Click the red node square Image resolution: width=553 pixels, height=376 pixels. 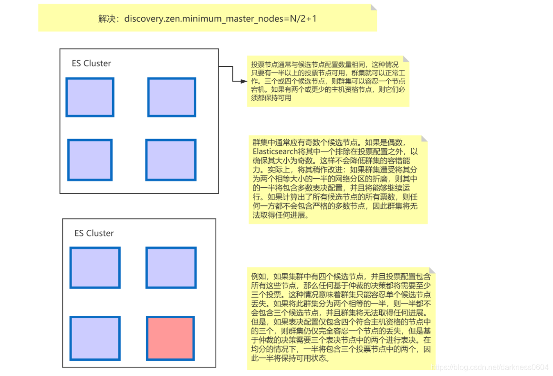pos(170,338)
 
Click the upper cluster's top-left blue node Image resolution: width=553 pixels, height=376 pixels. pos(90,97)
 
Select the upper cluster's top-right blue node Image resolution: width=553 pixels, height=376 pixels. pos(171,97)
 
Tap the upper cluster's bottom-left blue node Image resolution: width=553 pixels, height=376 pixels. pos(90,160)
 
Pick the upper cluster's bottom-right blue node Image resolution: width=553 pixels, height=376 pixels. pos(171,160)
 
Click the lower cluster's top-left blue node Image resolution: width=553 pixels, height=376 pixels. pos(95,268)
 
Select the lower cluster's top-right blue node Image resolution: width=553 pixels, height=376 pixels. pos(171,268)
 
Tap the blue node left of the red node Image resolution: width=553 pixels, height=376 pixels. pos(95,338)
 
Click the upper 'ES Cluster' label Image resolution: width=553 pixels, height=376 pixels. pos(91,64)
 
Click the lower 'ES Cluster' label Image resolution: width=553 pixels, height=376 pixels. pos(94,233)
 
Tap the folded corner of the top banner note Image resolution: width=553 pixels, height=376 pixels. pos(373,8)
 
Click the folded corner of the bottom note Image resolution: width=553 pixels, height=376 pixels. pos(432,271)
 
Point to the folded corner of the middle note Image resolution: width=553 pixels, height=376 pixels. pos(424,139)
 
